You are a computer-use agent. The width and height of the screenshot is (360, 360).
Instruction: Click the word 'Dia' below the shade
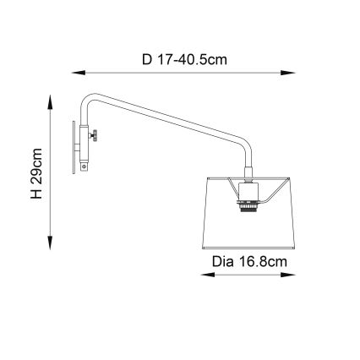pyautogui.click(x=219, y=263)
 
